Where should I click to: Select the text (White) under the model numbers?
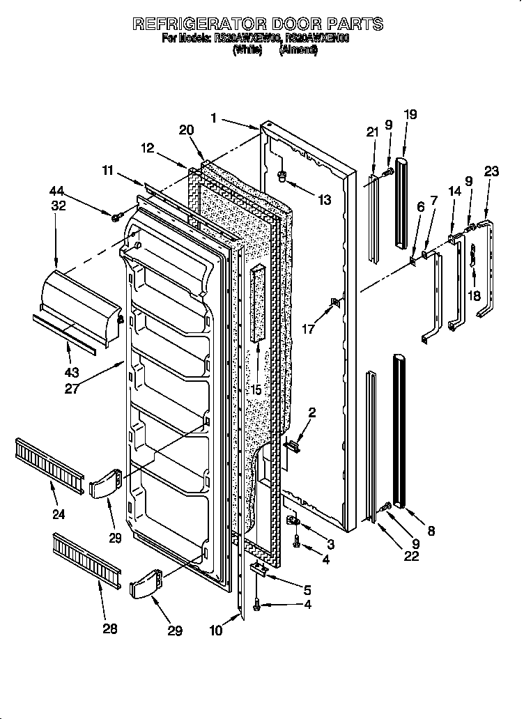tap(247, 51)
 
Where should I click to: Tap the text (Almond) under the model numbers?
tap(298, 51)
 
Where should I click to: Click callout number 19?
tap(410, 114)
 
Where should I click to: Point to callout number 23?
tap(492, 171)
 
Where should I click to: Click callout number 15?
tap(256, 390)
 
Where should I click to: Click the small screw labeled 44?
tap(116, 218)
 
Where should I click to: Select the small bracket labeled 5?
tap(260, 569)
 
